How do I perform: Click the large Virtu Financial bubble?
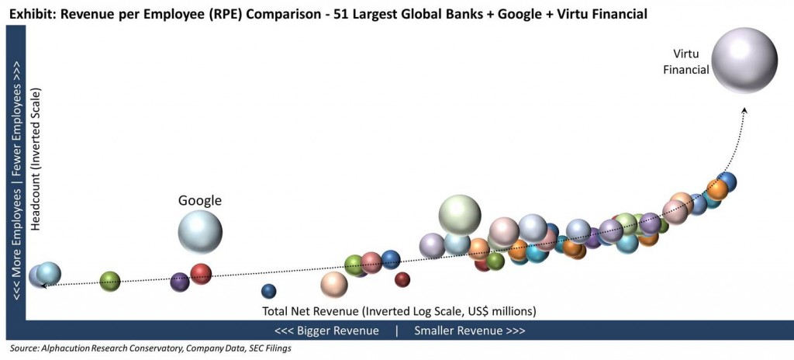(744, 61)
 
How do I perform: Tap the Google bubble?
(200, 231)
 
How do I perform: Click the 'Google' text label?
(200, 200)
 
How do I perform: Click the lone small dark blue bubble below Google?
(268, 291)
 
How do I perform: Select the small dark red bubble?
(402, 279)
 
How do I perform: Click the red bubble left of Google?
(201, 273)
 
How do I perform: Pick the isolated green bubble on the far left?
(110, 281)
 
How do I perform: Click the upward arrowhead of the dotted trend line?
(744, 110)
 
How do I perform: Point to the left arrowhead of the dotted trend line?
(44, 286)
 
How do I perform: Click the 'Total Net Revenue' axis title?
(399, 311)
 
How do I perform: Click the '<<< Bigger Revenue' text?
(326, 331)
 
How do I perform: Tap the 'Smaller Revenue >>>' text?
(469, 331)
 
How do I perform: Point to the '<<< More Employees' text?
(15, 233)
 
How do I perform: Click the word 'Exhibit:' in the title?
(33, 13)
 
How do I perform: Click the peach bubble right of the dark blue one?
(334, 285)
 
